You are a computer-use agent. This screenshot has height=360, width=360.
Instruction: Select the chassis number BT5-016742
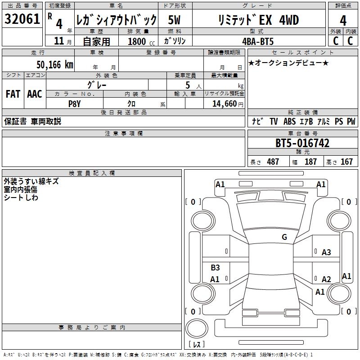[302, 143]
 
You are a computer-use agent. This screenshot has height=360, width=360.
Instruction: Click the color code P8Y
[74, 103]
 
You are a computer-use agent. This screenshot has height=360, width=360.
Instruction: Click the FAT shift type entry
[13, 94]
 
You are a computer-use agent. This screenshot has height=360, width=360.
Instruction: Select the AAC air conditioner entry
[35, 94]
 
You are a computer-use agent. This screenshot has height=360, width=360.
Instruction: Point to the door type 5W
[175, 20]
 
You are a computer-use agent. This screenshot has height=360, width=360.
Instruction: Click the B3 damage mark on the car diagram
[215, 268]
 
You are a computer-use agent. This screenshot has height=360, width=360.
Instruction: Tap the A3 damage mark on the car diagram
[326, 252]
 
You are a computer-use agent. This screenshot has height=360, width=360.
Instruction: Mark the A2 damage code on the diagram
[326, 279]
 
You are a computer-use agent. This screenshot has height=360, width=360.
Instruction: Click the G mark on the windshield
[284, 237]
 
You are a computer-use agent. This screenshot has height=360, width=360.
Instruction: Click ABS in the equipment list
[289, 121]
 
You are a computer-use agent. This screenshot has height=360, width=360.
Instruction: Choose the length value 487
[273, 162]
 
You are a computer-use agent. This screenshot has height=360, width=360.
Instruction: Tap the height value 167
[346, 162]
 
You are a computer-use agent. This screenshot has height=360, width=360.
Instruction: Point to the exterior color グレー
[96, 84]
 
